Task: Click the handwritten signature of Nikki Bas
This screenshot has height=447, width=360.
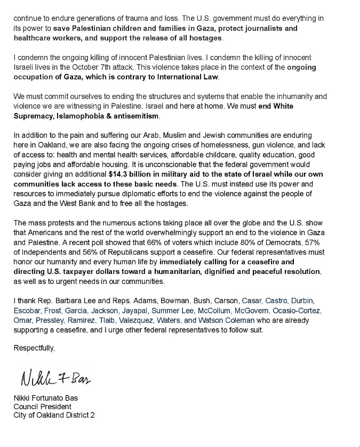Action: [55, 379]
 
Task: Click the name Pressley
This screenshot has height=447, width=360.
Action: [50, 320]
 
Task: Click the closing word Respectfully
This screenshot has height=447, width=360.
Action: [34, 348]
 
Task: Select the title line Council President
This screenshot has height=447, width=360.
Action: [42, 407]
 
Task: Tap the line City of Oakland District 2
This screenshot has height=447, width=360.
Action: [54, 415]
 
